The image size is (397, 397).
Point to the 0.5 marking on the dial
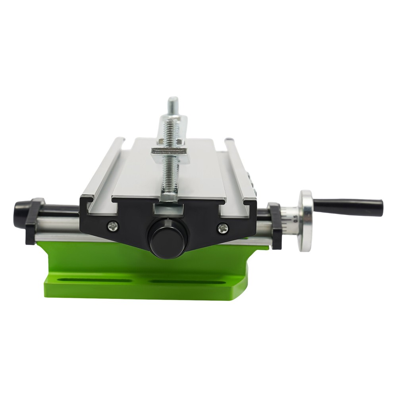coord(295,218)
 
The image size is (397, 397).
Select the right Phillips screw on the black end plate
coord(223,228)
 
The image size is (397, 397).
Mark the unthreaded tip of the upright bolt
coord(173,104)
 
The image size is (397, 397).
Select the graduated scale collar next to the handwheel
coord(290,220)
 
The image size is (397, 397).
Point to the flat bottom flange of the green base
coord(147,290)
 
